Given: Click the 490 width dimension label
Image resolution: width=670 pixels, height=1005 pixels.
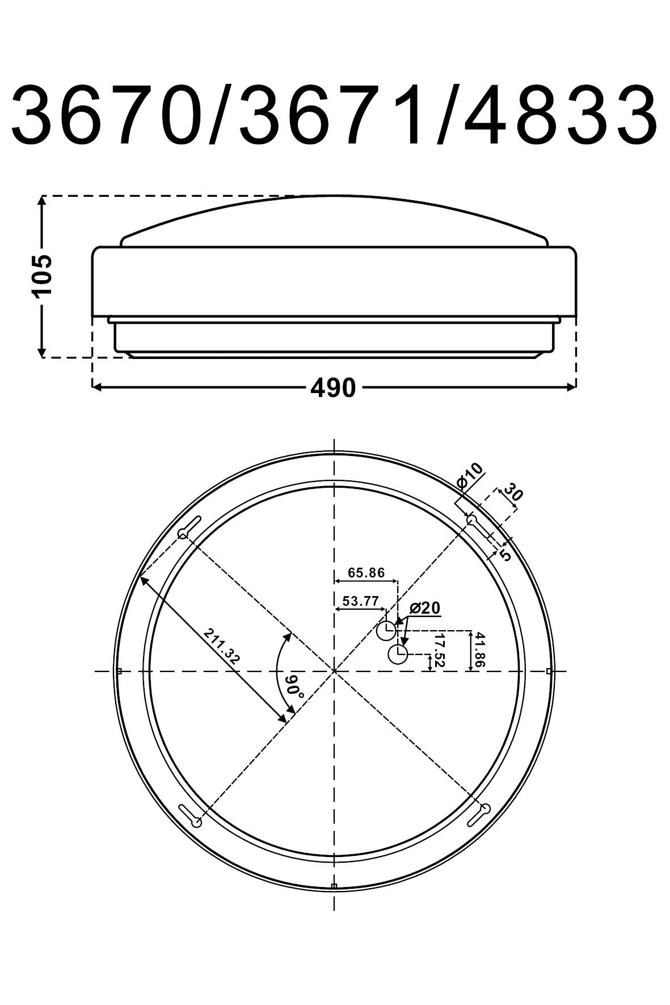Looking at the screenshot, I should [333, 388].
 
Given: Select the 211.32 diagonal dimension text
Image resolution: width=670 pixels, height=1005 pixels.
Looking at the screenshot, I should [222, 646].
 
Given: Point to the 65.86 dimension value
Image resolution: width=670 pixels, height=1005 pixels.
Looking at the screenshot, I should [366, 572].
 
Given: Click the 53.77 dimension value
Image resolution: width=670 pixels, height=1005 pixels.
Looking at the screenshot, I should [360, 601].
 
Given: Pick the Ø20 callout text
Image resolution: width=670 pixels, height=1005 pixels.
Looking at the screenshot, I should [424, 609].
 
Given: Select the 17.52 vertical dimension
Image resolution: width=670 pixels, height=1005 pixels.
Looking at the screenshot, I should [439, 651].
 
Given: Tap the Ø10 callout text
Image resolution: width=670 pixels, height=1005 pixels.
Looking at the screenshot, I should [470, 476].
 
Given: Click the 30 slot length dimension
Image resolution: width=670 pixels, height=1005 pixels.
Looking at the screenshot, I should [512, 491].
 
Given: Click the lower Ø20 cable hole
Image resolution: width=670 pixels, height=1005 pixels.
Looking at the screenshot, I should [398, 654].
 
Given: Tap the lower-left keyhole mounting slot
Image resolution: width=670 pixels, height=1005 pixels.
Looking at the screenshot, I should [189, 816].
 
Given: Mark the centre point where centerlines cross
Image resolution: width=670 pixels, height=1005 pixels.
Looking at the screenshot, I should [334, 671].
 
